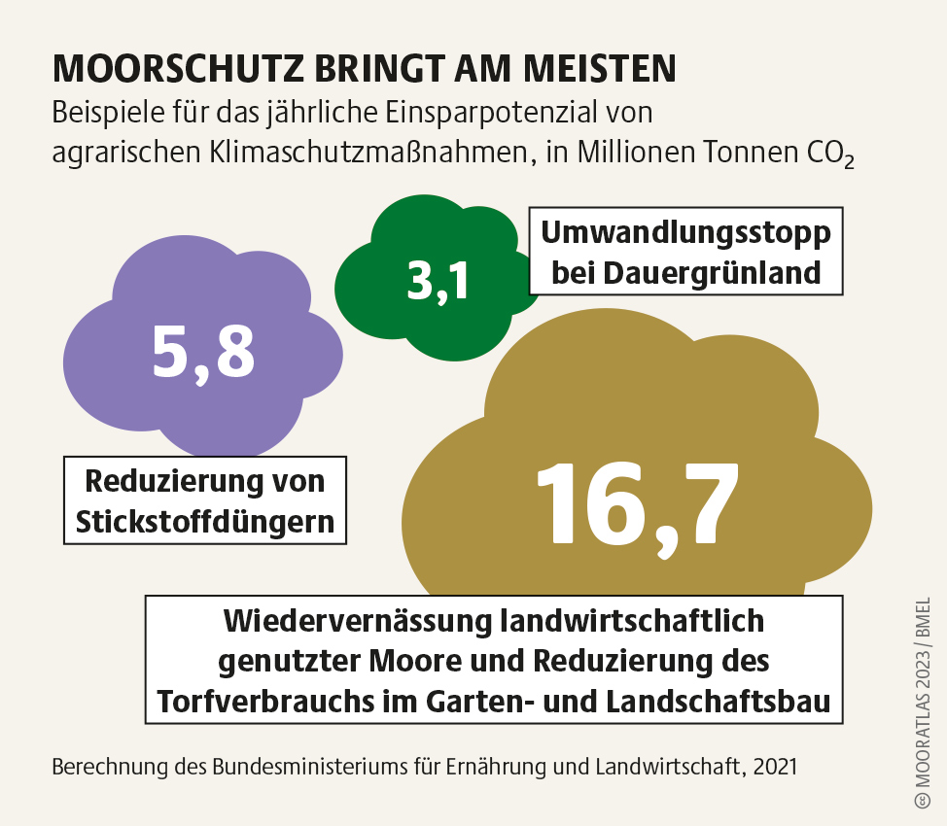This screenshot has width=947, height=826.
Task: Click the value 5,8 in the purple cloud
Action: click(x=203, y=352)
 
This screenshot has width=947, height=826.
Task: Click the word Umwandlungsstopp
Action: click(x=685, y=234)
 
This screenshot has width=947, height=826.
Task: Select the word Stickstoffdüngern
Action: click(x=205, y=522)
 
